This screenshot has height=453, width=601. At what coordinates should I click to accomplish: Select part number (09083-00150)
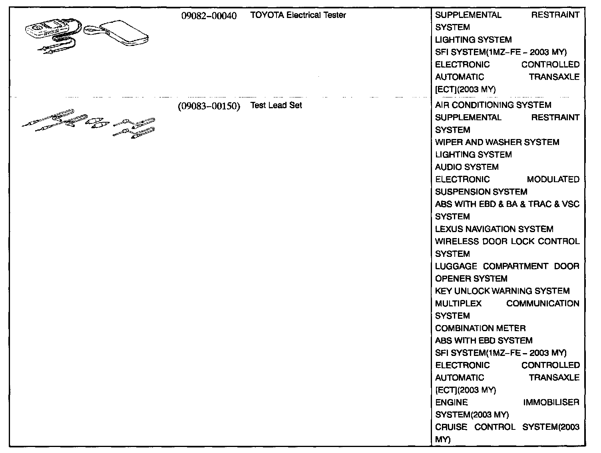pyautogui.click(x=209, y=106)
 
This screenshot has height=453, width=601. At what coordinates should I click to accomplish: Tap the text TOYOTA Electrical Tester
pyautogui.click(x=298, y=15)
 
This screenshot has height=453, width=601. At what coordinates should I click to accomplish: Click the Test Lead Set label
pyautogui.click(x=276, y=105)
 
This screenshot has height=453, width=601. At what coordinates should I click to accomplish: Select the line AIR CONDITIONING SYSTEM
pyautogui.click(x=493, y=105)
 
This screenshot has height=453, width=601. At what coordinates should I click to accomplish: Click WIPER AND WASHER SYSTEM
pyautogui.click(x=497, y=142)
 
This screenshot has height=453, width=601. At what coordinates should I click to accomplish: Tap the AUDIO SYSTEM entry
pyautogui.click(x=466, y=167)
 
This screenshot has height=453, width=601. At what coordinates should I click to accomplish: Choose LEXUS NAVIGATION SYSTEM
pyautogui.click(x=494, y=229)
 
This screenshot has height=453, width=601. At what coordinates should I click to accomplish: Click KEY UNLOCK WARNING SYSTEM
pyautogui.click(x=502, y=291)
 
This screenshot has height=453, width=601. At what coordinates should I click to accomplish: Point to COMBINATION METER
pyautogui.click(x=480, y=328)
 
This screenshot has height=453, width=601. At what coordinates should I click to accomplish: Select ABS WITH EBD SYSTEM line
pyautogui.click(x=484, y=340)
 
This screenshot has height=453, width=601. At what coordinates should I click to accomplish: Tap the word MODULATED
pyautogui.click(x=553, y=179)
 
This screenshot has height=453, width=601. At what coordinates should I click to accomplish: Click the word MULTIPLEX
pyautogui.click(x=458, y=303)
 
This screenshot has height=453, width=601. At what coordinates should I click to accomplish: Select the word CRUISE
pyautogui.click(x=451, y=427)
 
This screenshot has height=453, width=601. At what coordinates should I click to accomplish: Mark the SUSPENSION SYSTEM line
pyautogui.click(x=481, y=192)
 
